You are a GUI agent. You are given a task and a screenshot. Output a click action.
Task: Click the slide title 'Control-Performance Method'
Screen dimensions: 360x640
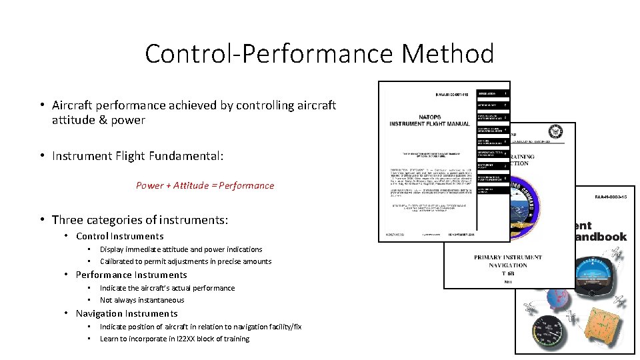[x=319, y=53]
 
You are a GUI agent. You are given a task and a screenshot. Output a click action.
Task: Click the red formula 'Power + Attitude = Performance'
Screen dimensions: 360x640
[x=205, y=185]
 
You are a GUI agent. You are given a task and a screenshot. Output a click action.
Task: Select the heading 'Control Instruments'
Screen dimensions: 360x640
[x=119, y=236]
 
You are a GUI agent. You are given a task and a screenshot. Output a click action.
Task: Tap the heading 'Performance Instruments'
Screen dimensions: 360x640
[x=131, y=275]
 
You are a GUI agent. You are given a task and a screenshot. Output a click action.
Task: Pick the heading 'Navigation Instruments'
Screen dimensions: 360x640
[x=127, y=313]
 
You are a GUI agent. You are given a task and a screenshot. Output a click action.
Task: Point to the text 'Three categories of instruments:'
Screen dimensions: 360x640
[x=140, y=220]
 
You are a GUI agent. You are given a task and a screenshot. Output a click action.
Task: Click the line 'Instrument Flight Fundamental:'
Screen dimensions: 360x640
[x=137, y=156]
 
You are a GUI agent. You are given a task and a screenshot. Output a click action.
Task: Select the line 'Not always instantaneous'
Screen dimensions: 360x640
[x=142, y=300]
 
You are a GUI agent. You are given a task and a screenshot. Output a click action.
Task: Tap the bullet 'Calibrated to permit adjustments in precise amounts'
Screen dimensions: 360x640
[x=185, y=261]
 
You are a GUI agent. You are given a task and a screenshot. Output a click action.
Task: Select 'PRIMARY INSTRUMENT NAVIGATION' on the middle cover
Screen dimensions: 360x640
[x=508, y=261]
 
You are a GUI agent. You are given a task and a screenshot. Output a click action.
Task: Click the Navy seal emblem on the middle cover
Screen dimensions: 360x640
[x=555, y=133]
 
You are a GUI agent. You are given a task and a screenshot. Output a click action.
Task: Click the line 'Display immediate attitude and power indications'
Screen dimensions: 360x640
[x=181, y=249]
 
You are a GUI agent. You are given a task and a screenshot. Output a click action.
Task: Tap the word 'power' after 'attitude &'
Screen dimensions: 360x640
[x=128, y=120]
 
